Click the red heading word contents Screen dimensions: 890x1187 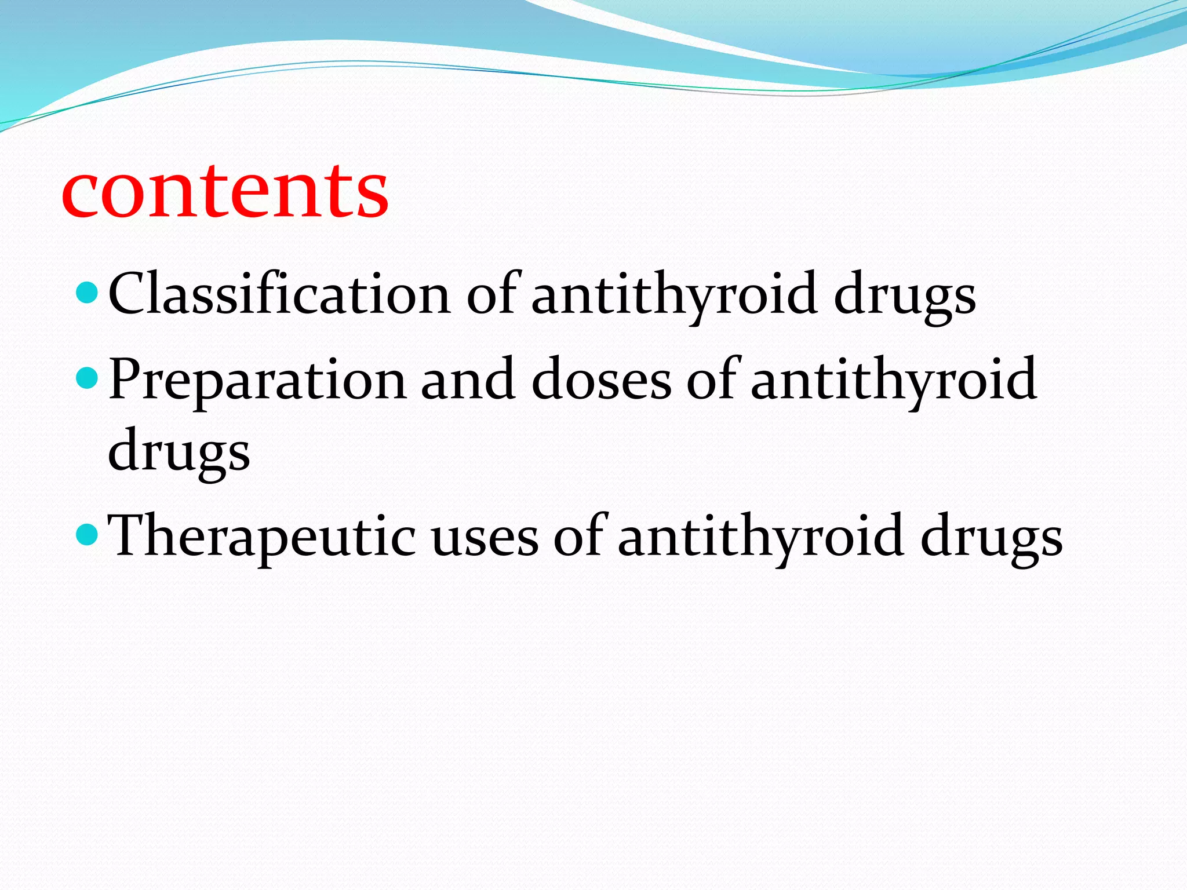coord(225,191)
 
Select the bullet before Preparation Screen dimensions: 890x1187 coord(88,379)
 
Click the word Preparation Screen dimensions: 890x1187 coord(257,380)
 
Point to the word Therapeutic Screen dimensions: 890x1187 coord(261,537)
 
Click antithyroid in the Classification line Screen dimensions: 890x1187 coord(675,294)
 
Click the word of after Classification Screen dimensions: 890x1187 coord(490,294)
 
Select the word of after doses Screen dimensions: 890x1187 coord(711,380)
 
